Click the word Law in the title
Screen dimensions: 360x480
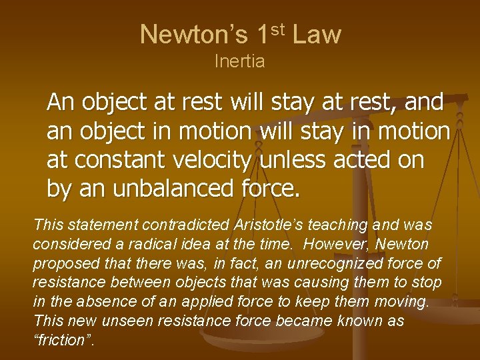click(x=317, y=35)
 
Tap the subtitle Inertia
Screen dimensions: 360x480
click(x=239, y=61)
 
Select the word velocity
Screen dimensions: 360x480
click(x=215, y=161)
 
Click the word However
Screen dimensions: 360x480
click(x=336, y=245)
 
